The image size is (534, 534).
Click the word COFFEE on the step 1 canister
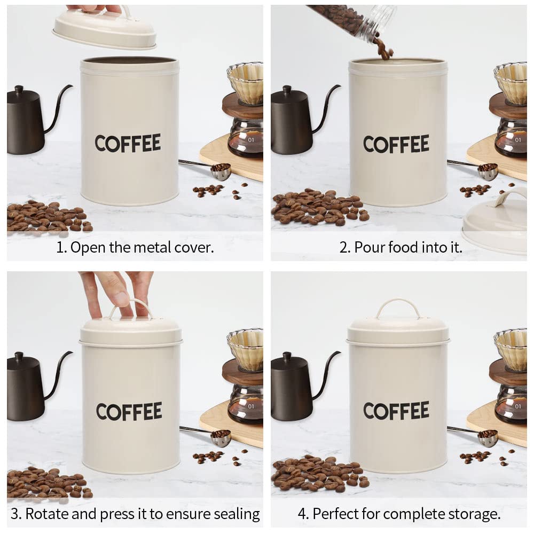click(128, 143)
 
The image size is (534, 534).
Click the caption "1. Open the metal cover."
click(135, 247)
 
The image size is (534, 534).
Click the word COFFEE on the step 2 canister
click(396, 144)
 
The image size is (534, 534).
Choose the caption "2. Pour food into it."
click(401, 247)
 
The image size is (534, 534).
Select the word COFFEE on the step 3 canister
click(129, 411)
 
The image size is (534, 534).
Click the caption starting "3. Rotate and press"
click(135, 514)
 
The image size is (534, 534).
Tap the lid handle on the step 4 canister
click(398, 308)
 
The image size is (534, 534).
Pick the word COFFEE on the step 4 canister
click(396, 410)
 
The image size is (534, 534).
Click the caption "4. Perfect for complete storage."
click(399, 514)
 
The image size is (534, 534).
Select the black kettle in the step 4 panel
click(291, 387)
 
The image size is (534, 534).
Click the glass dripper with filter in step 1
click(246, 83)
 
